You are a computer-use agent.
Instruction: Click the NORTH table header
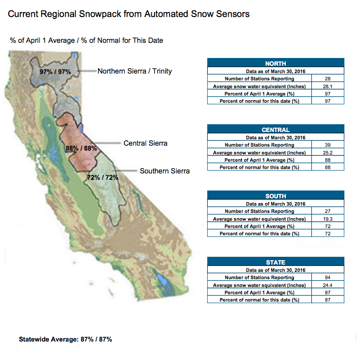pyautogui.click(x=276, y=63)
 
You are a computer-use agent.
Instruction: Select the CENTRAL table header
pyautogui.click(x=276, y=129)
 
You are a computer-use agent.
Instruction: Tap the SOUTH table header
pyautogui.click(x=276, y=195)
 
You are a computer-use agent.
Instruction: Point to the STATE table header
pyautogui.click(x=276, y=262)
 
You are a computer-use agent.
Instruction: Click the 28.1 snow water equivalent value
pyautogui.click(x=327, y=86)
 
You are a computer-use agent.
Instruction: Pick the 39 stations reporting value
pyautogui.click(x=327, y=145)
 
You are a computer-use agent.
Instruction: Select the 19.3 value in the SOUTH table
pyautogui.click(x=327, y=219)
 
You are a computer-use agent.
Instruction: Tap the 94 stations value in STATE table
pyautogui.click(x=327, y=277)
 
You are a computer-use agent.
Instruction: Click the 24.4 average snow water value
pyautogui.click(x=327, y=285)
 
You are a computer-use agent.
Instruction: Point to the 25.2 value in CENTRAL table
pyautogui.click(x=327, y=153)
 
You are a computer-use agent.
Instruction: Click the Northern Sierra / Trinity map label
pyautogui.click(x=135, y=71)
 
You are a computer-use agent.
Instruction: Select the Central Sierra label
pyautogui.click(x=145, y=143)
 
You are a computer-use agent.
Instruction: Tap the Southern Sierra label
pyautogui.click(x=164, y=171)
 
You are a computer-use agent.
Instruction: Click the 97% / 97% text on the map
pyautogui.click(x=55, y=72)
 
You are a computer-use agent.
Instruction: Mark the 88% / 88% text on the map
pyautogui.click(x=81, y=148)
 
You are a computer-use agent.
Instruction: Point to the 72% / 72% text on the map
pyautogui.click(x=103, y=177)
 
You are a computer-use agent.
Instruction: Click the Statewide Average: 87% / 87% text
pyautogui.click(x=65, y=340)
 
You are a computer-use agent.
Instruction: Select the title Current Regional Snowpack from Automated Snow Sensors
pyautogui.click(x=129, y=14)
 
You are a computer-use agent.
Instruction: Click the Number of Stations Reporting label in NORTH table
pyautogui.click(x=260, y=79)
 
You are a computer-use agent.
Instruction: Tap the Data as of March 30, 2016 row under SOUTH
pyautogui.click(x=276, y=204)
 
